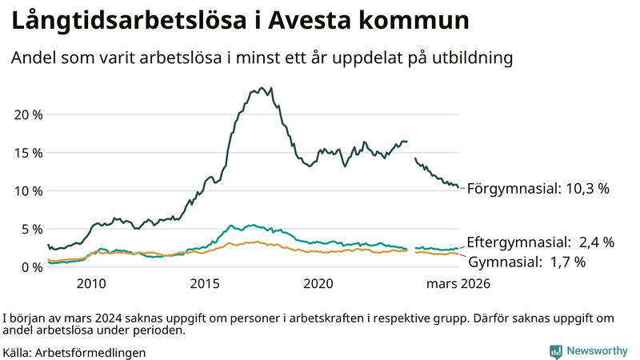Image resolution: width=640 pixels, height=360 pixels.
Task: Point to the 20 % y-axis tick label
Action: coord(28,114)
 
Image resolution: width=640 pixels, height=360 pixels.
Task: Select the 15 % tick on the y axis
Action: coord(28,153)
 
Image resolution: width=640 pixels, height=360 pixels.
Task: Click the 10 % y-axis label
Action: coord(28,191)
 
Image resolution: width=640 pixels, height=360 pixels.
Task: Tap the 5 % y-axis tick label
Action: coord(31,229)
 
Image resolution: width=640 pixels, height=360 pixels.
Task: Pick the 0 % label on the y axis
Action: coord(31,267)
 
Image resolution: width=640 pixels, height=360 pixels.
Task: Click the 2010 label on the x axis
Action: coord(91,283)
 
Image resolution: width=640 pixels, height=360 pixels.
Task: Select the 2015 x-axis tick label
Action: coord(205,283)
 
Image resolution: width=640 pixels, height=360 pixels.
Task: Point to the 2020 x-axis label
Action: coord(318,283)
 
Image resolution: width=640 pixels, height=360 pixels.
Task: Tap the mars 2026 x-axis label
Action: coord(458,283)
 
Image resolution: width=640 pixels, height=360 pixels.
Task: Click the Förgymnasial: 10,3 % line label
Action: coord(538,189)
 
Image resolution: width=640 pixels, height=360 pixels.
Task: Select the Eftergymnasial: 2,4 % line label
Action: coord(540,242)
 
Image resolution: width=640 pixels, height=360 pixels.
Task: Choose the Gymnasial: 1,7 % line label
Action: coord(526,262)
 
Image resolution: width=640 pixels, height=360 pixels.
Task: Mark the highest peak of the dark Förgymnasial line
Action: coord(271,88)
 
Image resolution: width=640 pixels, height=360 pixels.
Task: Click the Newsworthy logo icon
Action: coord(555,351)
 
